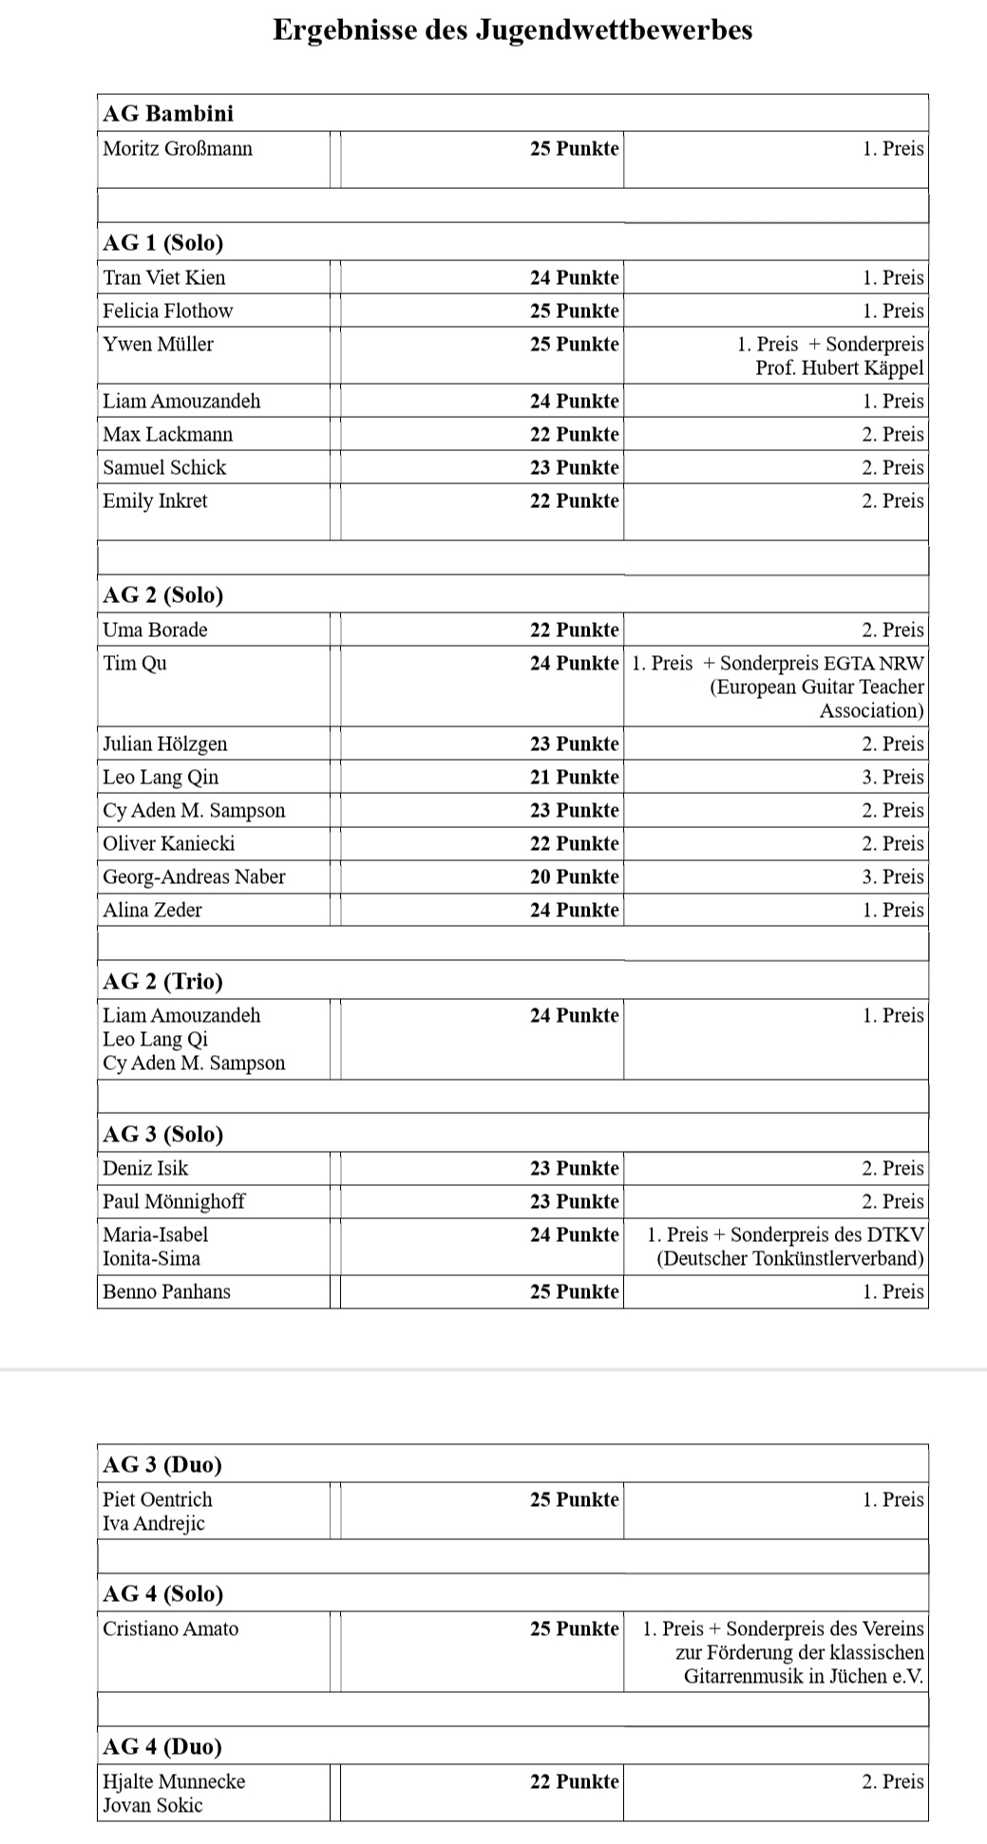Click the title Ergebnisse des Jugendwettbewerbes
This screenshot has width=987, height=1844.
[x=512, y=29]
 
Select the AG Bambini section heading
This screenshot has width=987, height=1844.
[x=168, y=114]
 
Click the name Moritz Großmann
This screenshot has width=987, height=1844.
[x=178, y=148]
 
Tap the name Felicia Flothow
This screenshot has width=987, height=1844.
[x=168, y=310]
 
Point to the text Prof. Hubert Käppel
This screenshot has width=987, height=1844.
[x=839, y=367]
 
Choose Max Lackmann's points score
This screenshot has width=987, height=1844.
[x=574, y=434]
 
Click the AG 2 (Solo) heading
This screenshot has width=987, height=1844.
[x=162, y=595]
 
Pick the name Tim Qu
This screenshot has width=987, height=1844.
[x=135, y=663]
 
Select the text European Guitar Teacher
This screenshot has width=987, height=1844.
[x=816, y=687]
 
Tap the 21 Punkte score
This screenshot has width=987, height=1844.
[x=574, y=777]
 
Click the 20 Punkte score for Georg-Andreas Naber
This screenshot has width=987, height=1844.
[x=574, y=876]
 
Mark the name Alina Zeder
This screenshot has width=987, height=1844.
[x=153, y=910]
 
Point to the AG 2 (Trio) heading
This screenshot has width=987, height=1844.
[x=162, y=982]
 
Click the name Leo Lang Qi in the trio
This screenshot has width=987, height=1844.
[x=156, y=1039]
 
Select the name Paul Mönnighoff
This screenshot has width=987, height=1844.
[x=174, y=1201]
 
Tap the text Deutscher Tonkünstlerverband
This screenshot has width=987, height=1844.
[x=789, y=1258]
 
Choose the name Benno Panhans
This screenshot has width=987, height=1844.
[x=167, y=1291]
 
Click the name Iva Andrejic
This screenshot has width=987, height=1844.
[x=154, y=1523]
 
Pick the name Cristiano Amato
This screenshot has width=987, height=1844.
[x=171, y=1628]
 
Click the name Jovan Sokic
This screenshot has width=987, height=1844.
[x=153, y=1805]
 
